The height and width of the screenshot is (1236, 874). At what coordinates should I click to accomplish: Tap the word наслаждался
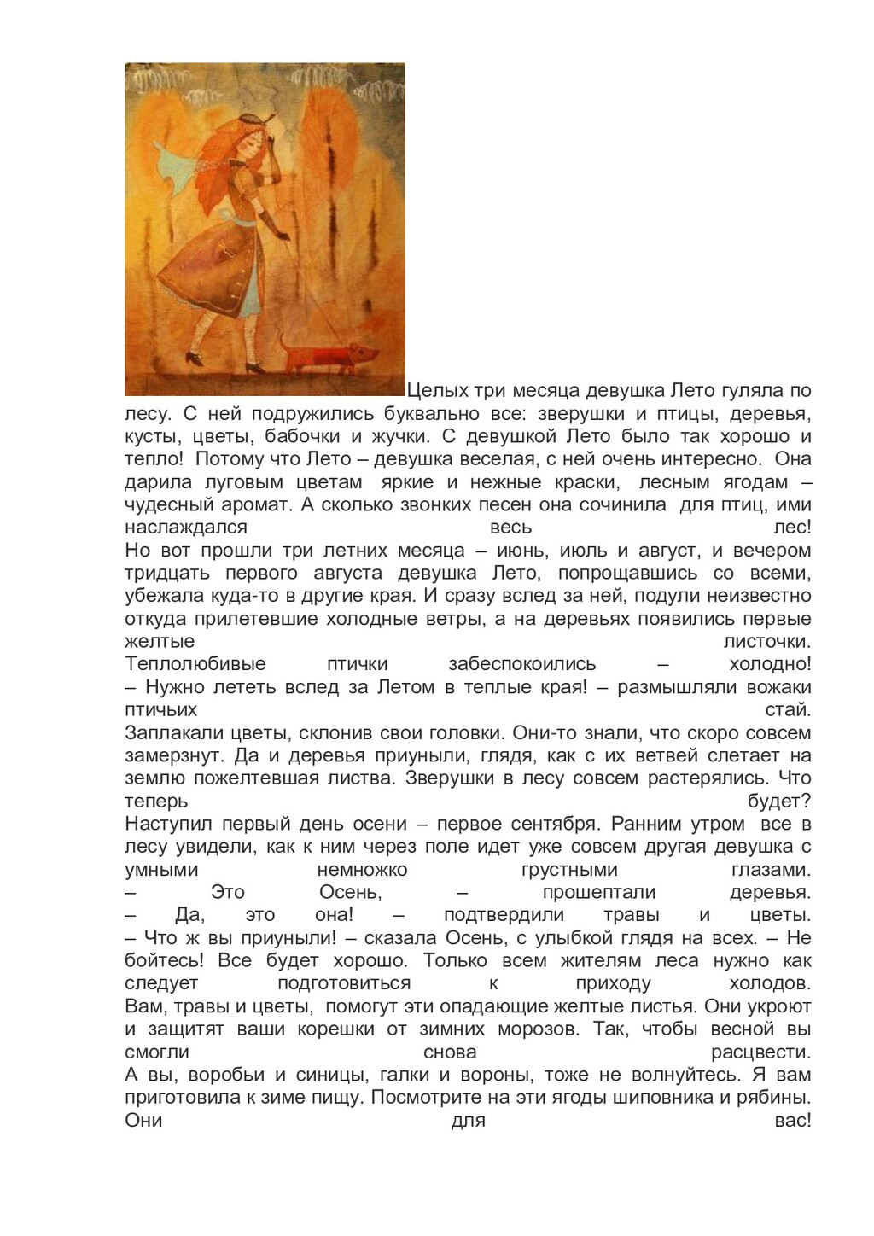tap(186, 528)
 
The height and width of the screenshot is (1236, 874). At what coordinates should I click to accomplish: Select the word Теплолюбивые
tap(195, 664)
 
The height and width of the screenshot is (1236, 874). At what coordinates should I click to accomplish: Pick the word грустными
tap(569, 870)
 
